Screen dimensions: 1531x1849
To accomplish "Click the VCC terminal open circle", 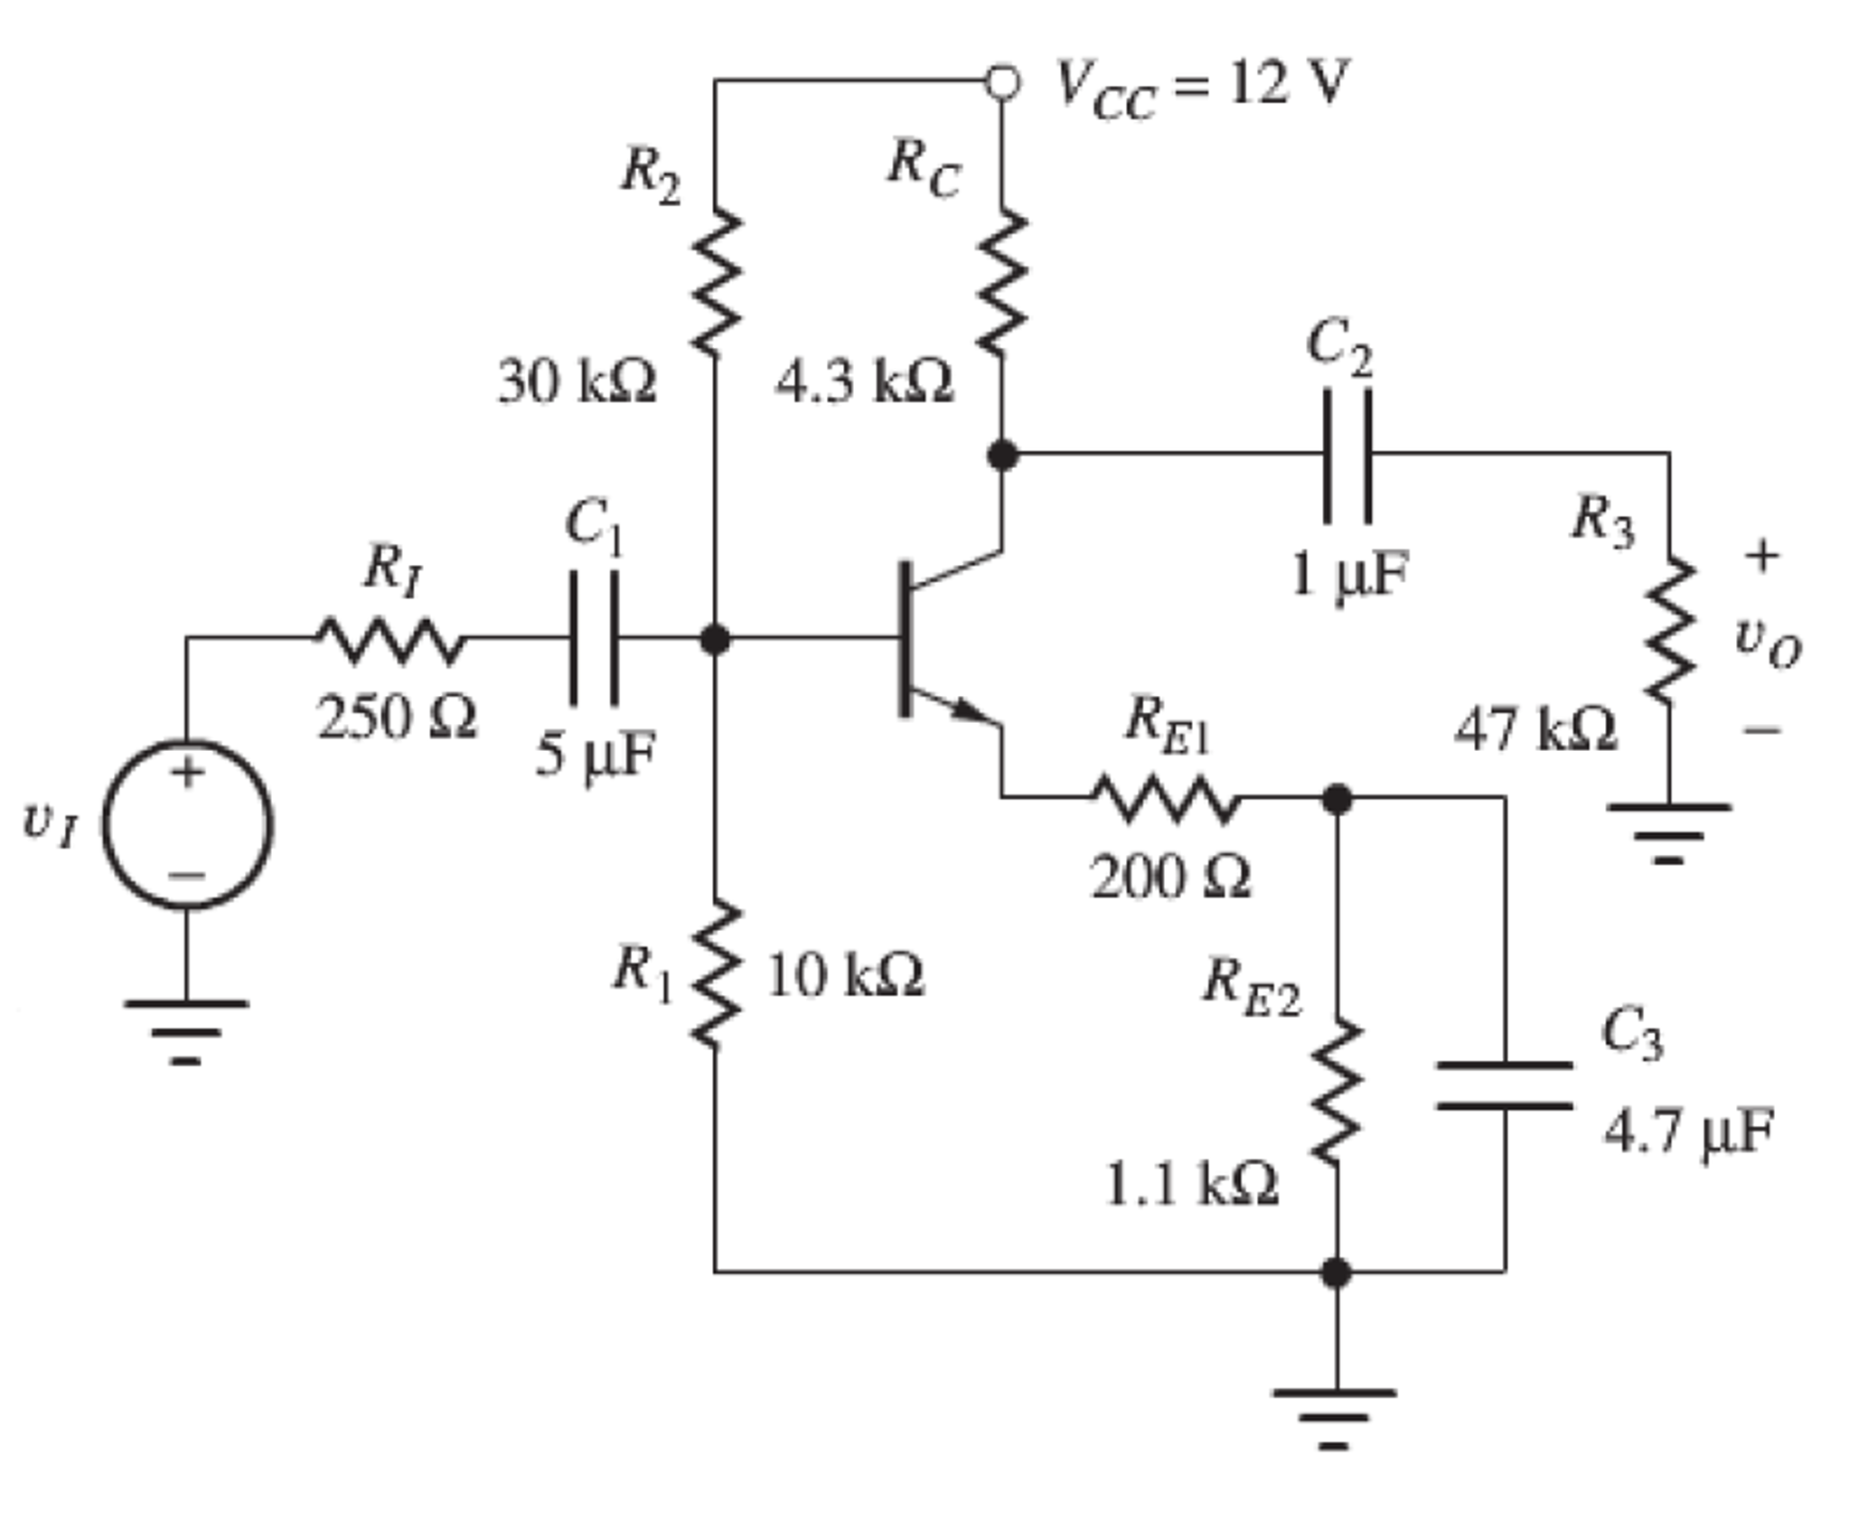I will pos(1002,82).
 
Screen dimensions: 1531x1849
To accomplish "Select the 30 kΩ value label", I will pos(577,382).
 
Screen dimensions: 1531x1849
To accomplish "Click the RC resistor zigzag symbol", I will pos(1002,283).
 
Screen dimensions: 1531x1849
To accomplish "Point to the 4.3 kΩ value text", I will pos(864,382).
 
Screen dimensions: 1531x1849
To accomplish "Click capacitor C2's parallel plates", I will pos(1347,455).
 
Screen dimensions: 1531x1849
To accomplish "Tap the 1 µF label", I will pos(1349,574).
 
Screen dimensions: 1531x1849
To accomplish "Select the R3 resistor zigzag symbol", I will pos(1668,630).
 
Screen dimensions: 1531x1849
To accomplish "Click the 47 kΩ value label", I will pos(1535,729).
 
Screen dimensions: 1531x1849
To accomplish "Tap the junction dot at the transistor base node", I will pos(715,639).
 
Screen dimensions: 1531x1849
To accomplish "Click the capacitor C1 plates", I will pos(594,638).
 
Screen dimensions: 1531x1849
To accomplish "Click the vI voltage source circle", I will pos(187,823).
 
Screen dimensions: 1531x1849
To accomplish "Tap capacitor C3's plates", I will pos(1505,1085).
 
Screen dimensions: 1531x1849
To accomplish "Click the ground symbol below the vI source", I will pos(186,1030).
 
